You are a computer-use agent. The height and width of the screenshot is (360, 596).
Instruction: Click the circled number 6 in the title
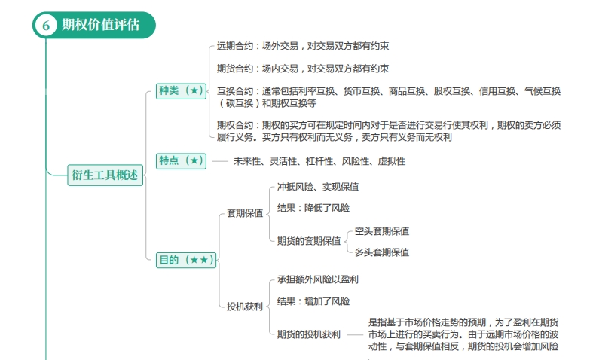46,25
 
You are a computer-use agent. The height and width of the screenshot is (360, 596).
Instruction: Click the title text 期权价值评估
101,25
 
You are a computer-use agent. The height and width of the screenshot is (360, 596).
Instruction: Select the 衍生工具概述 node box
105,175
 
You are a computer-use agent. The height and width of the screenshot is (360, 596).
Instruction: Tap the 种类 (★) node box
181,91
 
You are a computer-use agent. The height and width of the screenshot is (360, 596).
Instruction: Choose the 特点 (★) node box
181,160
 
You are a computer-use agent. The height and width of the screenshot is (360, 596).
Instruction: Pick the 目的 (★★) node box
186,260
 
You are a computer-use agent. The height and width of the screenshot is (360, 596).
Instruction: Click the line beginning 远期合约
303,47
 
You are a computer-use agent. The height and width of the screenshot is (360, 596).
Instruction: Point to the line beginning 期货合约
303,69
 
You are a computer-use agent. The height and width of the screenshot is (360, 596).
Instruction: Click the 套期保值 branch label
245,213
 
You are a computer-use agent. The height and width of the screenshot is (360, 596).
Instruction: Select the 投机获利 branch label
245,307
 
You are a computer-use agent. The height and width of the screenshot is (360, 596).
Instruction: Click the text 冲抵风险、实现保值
318,187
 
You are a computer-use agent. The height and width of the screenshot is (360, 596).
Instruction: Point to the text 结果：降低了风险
313,208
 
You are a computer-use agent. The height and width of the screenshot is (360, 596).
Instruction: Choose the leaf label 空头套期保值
382,231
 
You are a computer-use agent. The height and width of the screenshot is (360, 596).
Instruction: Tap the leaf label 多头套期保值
382,252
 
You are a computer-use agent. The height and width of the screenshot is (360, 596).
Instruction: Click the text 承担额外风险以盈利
318,280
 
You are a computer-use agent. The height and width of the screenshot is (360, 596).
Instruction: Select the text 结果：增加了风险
313,301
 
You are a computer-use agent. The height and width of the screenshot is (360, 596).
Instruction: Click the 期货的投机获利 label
309,334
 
